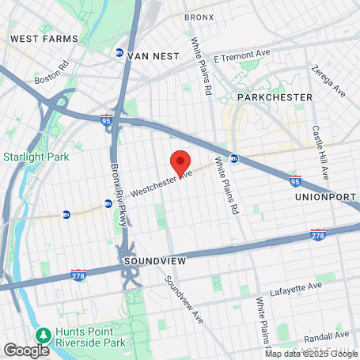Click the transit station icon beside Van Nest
[119, 54]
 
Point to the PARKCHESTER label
[275, 97]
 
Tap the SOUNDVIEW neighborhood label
[151, 260]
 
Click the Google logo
[25, 349]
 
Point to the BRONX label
[199, 17]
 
